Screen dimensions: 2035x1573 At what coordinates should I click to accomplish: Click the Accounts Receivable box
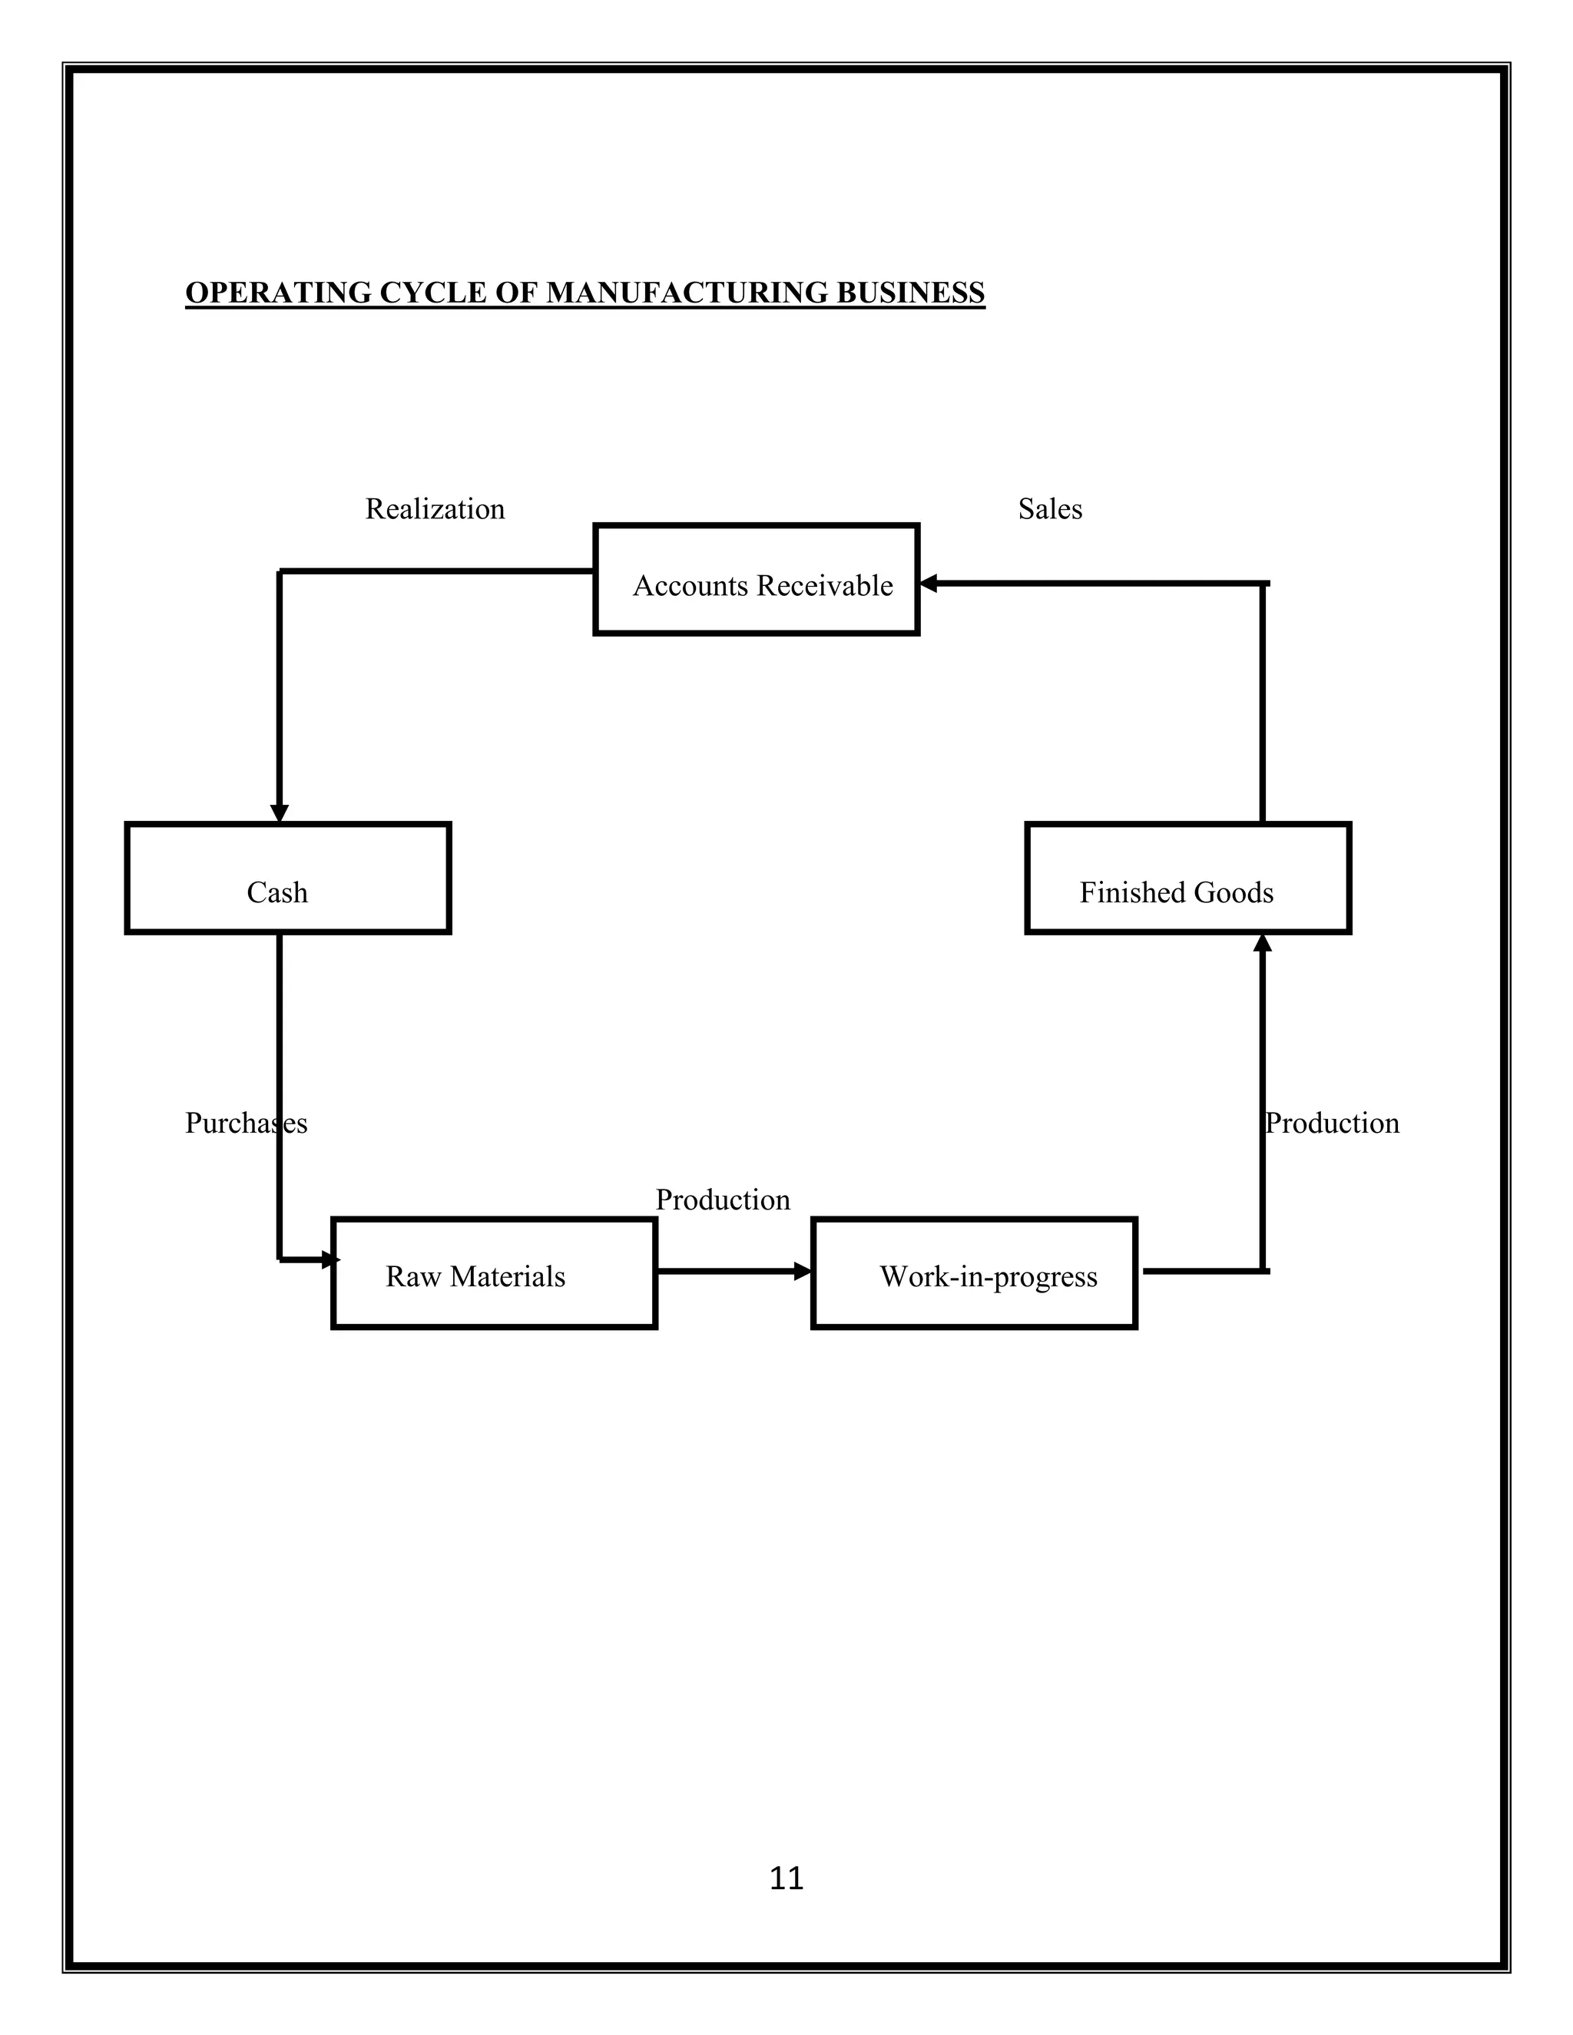click(756, 580)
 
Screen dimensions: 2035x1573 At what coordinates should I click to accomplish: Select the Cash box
click(288, 878)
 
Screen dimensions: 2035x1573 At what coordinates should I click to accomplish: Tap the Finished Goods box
click(1187, 878)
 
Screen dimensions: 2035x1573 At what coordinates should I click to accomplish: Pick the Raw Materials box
click(494, 1272)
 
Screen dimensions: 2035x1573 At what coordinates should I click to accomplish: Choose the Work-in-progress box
click(974, 1272)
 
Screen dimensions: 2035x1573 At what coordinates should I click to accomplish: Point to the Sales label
click(1049, 508)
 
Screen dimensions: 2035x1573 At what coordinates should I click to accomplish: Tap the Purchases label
click(246, 1123)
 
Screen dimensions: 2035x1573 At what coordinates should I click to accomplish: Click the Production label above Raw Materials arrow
click(722, 1199)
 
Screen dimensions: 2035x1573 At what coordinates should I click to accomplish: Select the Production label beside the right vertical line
click(1332, 1123)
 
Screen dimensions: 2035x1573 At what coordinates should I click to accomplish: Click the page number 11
click(786, 1878)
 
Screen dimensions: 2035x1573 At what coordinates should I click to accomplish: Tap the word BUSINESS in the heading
click(909, 293)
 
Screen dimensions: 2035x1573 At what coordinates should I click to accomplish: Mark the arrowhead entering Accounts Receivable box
click(928, 584)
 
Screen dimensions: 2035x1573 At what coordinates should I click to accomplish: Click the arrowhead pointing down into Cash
click(279, 813)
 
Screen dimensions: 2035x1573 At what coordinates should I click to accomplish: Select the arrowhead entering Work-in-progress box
click(803, 1271)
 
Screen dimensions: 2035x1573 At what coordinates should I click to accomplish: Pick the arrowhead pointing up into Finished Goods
click(1262, 943)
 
